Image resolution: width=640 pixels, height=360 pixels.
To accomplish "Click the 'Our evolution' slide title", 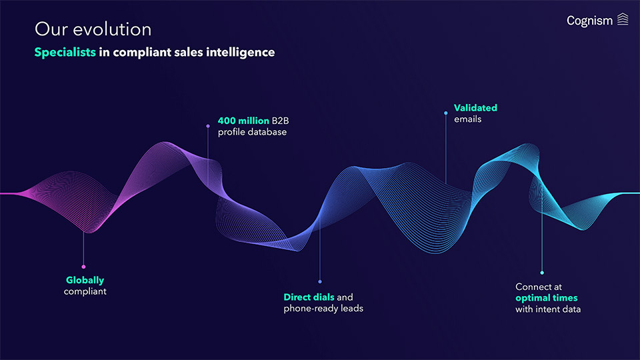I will (93, 29).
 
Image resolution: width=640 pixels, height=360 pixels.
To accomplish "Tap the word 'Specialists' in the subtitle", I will (65, 52).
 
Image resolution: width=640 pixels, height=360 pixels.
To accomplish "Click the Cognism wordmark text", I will (589, 21).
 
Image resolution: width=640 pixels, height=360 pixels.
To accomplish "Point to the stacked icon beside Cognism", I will (623, 19).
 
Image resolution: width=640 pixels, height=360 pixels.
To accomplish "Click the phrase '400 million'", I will (243, 121).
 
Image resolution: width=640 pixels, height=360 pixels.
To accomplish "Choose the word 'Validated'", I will (475, 107).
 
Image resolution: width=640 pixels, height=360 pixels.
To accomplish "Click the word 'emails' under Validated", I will (467, 119).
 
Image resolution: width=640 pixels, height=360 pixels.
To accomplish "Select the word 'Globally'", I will (85, 280).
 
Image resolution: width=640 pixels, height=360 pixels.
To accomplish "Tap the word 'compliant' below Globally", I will (85, 291).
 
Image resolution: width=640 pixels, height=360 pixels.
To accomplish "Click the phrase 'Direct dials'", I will (309, 297).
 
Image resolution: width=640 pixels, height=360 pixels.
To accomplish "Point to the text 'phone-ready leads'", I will (323, 308).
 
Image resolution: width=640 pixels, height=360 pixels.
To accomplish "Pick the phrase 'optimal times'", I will (546, 297).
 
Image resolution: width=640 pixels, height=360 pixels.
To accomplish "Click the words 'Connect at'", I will (538, 287).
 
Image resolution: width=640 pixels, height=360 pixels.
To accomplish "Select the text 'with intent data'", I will (548, 309).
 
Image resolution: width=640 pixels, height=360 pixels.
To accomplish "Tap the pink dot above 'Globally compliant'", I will (83, 267).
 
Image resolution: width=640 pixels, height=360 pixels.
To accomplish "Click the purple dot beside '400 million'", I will (208, 125).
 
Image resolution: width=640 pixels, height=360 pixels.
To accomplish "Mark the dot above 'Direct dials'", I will (320, 281).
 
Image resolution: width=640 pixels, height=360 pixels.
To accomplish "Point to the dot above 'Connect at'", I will (542, 272).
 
